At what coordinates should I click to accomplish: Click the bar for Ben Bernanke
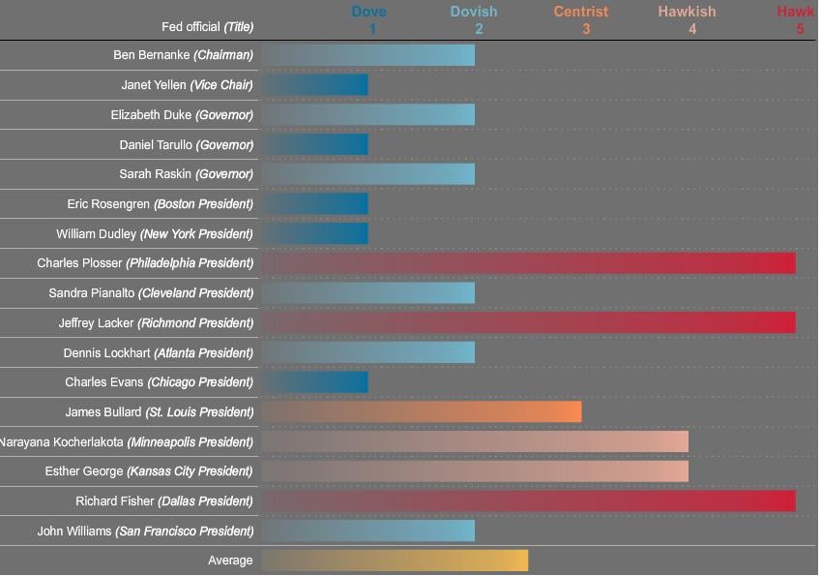point(367,55)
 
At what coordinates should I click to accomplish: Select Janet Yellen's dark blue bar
point(314,85)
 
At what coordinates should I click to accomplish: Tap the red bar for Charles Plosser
point(528,263)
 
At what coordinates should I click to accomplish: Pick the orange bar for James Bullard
point(421,411)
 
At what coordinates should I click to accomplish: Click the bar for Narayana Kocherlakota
point(474,441)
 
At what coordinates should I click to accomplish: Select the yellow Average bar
point(395,561)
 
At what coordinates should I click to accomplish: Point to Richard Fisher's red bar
point(528,500)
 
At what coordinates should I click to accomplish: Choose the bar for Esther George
point(474,471)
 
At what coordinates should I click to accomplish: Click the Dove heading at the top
point(368,12)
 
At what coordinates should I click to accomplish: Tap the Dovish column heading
point(474,12)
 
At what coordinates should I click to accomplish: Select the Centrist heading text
point(581,12)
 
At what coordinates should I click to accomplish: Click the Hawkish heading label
point(687,12)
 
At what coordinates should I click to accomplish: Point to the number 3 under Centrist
point(586,29)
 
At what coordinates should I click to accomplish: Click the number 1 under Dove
point(372,29)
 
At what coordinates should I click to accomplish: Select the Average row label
point(230,561)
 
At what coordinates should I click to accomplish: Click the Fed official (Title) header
point(207,27)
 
